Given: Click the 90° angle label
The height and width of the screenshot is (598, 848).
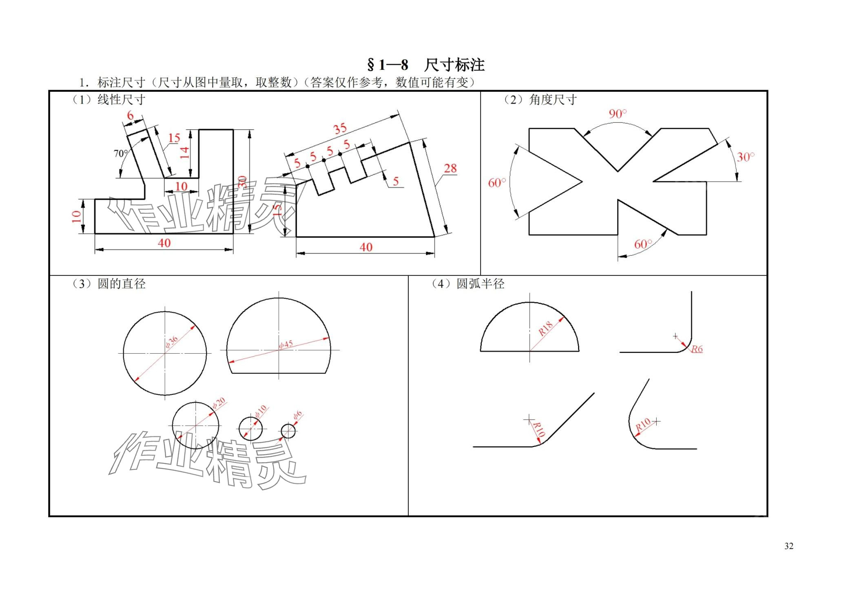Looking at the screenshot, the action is [618, 114].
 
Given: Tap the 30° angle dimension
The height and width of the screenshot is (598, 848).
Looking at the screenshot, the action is [745, 157].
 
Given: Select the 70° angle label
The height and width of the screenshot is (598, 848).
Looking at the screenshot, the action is [120, 153].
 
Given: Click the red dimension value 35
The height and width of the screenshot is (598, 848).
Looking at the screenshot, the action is [340, 129].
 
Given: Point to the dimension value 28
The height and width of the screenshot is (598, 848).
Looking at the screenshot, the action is [450, 168].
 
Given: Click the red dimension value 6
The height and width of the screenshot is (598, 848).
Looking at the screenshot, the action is [130, 115].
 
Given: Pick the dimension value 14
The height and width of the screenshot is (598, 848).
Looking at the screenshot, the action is [185, 153].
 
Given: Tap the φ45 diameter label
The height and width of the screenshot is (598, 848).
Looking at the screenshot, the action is [286, 345].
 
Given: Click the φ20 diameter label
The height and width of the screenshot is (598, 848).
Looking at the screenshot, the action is [219, 403].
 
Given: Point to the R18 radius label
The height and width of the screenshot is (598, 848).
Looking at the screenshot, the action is [545, 328].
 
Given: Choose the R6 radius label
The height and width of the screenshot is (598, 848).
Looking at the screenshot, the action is [697, 349].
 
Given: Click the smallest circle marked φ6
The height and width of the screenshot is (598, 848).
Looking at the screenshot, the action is [288, 431].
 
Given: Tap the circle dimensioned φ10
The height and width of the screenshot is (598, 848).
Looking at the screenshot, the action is [250, 429].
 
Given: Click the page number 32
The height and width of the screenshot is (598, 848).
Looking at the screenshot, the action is [788, 546].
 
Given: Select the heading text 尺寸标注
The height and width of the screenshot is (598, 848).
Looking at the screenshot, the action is [454, 65].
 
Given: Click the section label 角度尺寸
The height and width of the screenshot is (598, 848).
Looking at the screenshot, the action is [553, 100].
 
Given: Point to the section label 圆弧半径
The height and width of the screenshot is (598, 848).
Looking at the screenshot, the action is [480, 283].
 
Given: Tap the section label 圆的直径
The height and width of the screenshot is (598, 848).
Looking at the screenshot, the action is [121, 283].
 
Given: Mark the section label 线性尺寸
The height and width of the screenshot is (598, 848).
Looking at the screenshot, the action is [121, 100].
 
